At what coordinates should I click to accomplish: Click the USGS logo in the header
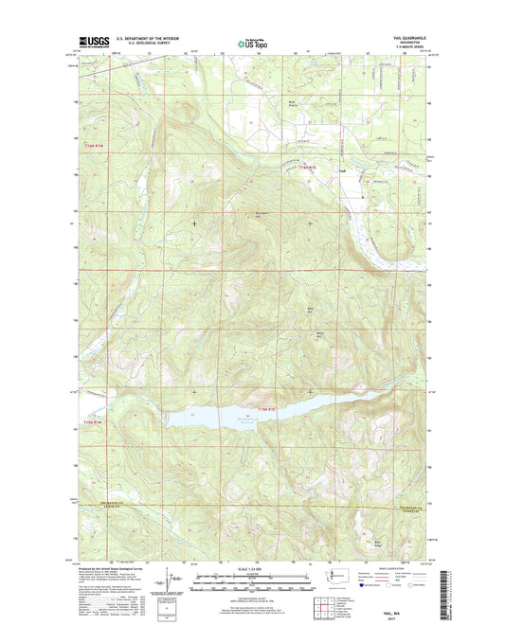[87, 42]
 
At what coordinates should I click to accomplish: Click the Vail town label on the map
[343, 170]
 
